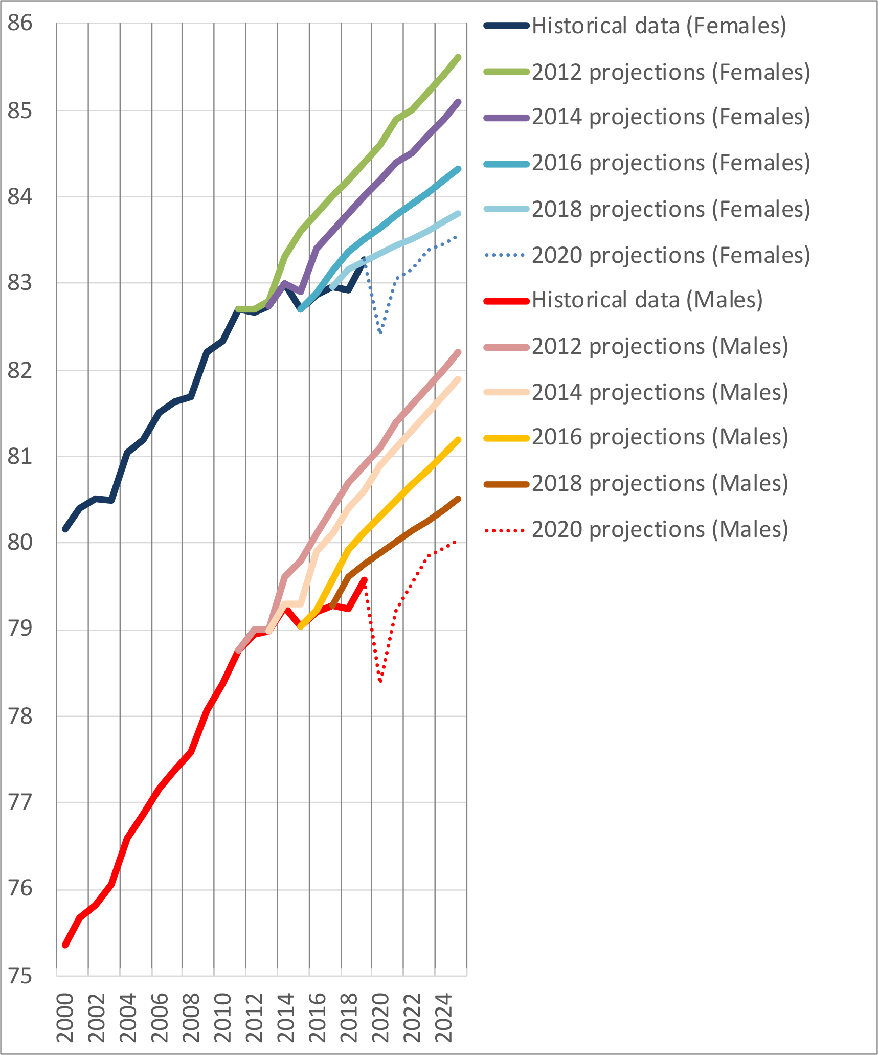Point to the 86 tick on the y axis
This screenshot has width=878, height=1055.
(20, 23)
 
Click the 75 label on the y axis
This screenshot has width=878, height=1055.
(20, 976)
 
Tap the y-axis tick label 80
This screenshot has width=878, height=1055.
(20, 542)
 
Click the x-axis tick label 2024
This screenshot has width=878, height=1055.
(443, 1018)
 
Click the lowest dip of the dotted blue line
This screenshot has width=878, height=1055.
(380, 333)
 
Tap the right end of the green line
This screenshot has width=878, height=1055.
(459, 57)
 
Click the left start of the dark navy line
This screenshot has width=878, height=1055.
(65, 529)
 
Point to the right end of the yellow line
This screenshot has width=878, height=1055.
(459, 440)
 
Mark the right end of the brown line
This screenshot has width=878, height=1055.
(459, 499)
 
